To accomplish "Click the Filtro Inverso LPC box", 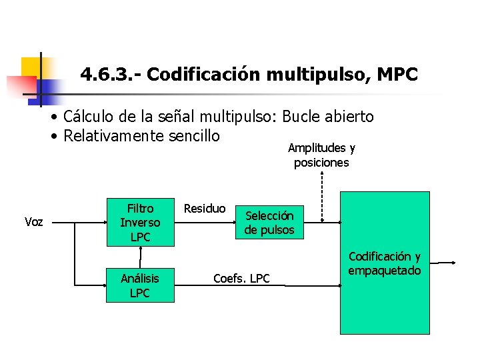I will [x=140, y=223].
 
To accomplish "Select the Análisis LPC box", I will [x=140, y=286].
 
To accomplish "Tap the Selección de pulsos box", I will [x=269, y=223].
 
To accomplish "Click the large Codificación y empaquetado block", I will [x=385, y=263].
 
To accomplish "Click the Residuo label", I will [x=205, y=209].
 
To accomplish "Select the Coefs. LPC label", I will [x=241, y=279].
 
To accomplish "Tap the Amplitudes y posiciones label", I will [x=321, y=155].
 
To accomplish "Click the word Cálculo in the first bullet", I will [x=89, y=117].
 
